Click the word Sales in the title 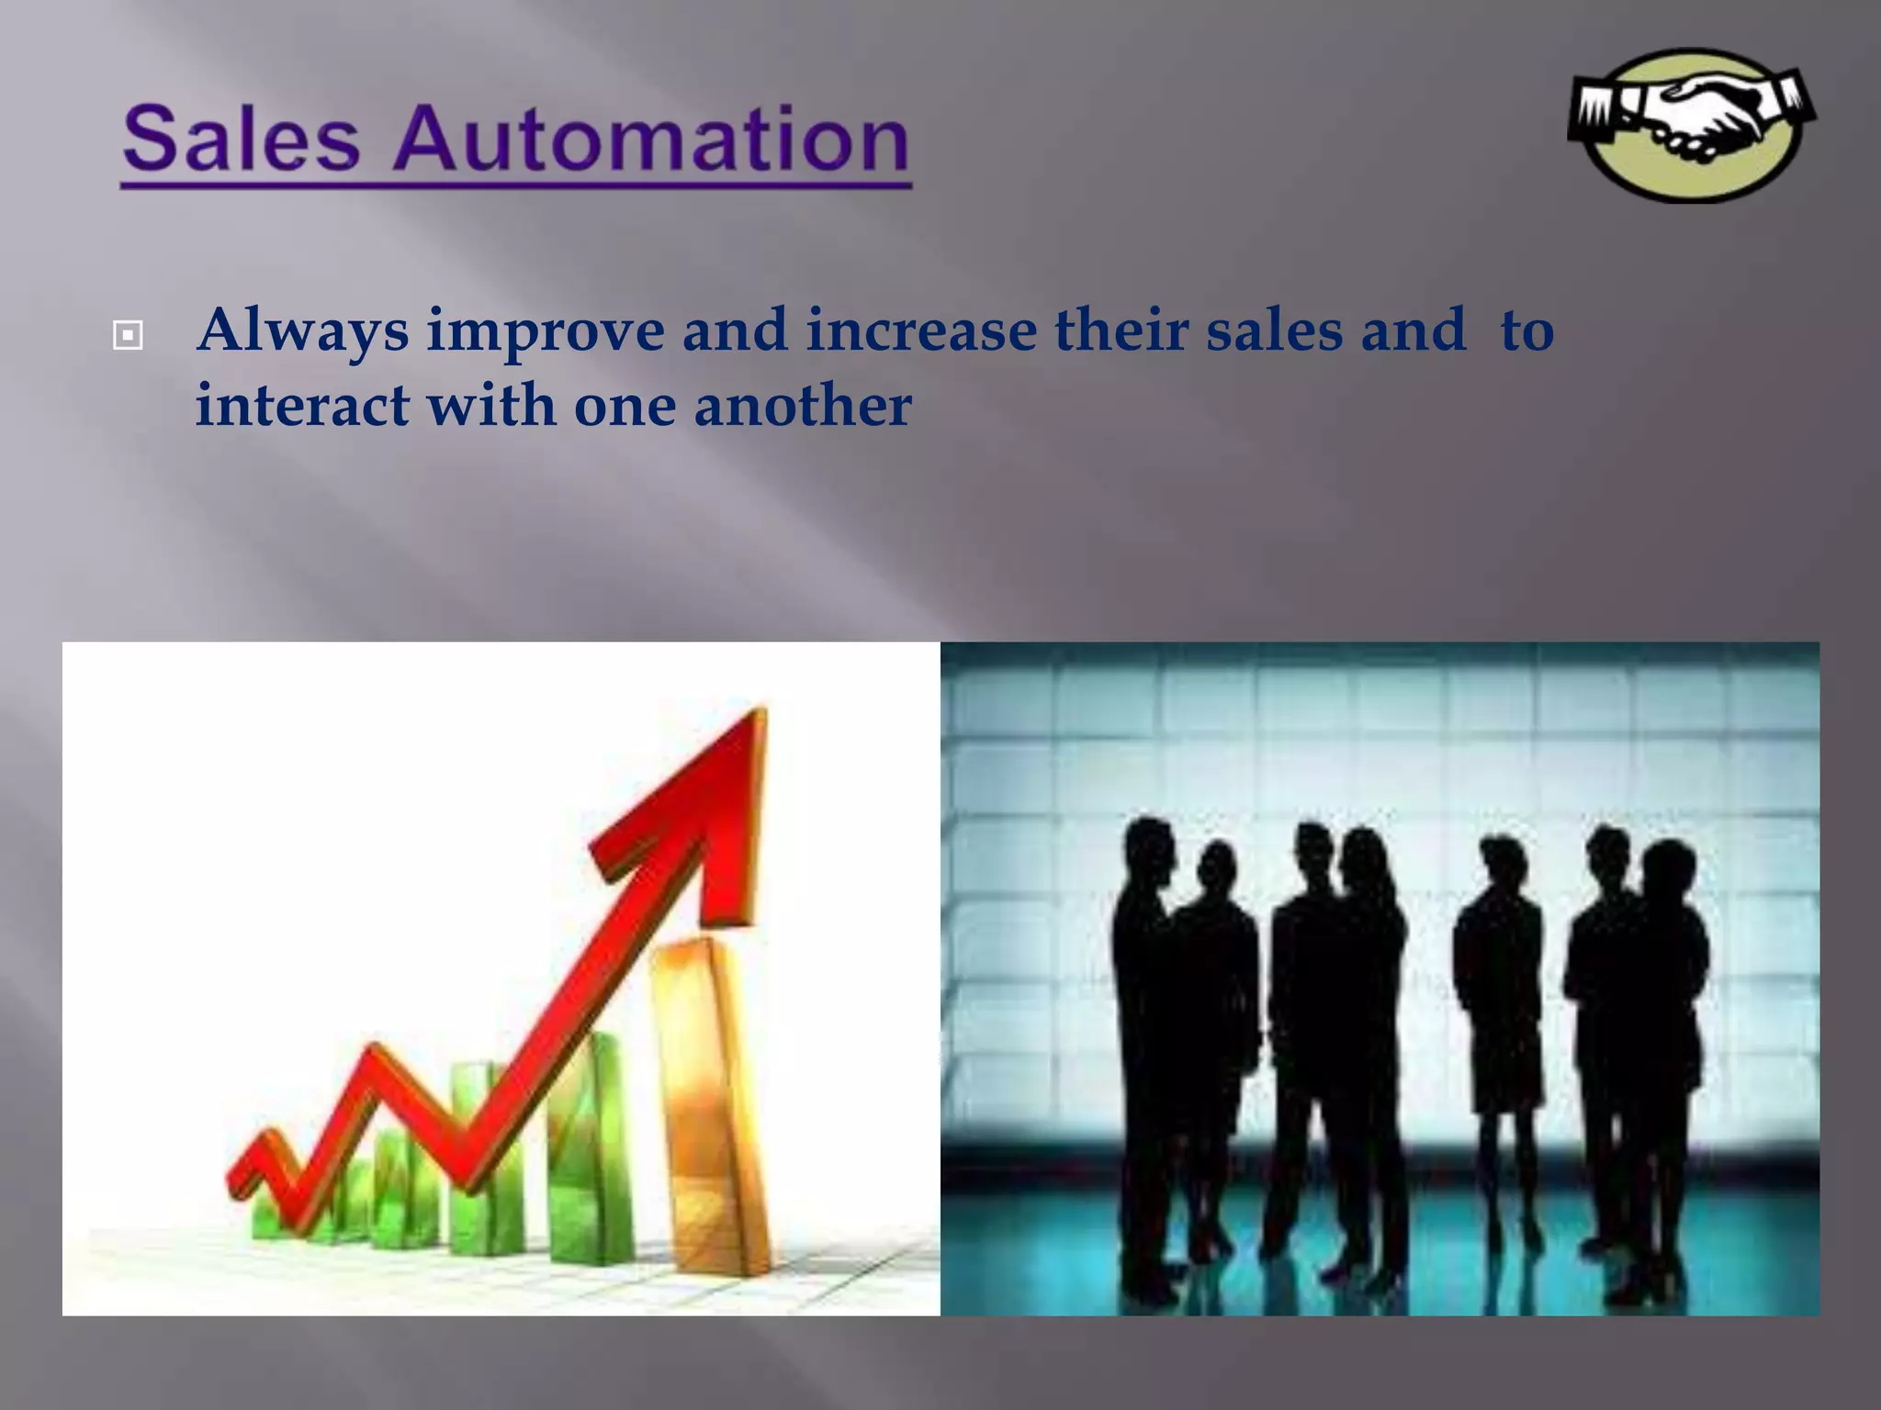coord(241,140)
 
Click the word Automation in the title coord(651,140)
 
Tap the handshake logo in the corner coord(1691,125)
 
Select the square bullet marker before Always coord(127,336)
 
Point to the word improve coord(546,332)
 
